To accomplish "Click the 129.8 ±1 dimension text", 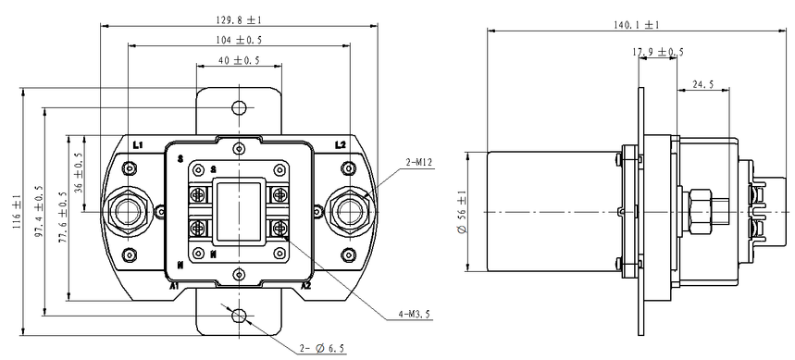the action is point(239,20).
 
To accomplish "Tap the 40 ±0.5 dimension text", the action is point(239,61).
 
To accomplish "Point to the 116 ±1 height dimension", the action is point(17,211).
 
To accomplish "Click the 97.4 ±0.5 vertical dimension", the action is point(39,212).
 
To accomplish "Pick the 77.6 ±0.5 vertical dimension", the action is point(63,217).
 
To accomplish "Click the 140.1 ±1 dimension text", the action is point(638,25).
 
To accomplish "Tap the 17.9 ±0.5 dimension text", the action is point(658,52).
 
